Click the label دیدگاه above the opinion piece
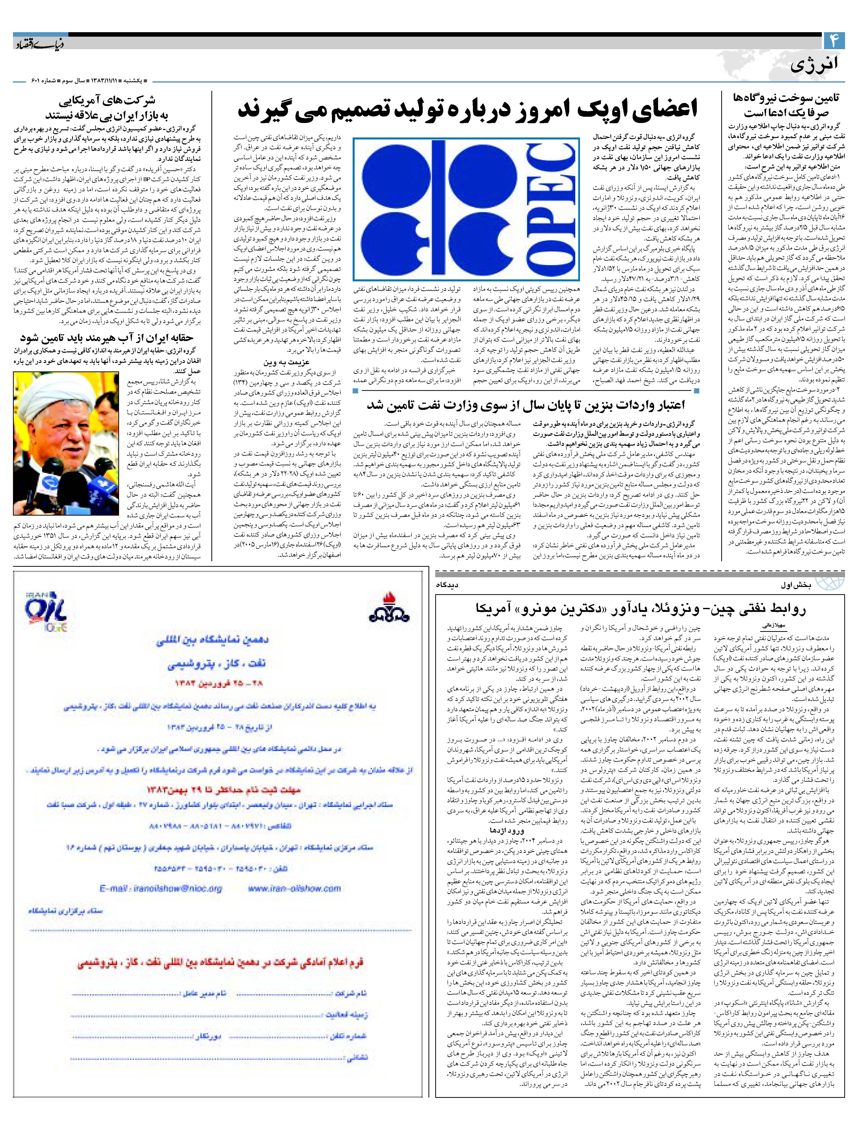[x=447, y=584]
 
